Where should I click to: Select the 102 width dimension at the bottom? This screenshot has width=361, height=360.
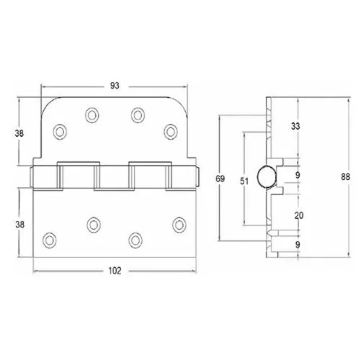[115, 271]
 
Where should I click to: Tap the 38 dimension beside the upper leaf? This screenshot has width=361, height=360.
[21, 132]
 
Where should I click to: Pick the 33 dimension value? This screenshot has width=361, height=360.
[295, 126]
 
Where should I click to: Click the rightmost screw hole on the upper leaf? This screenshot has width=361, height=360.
[170, 130]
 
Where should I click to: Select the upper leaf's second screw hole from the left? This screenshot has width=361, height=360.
[92, 114]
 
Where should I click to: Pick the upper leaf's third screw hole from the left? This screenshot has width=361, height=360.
[137, 114]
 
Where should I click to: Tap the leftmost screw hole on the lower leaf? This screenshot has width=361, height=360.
[50, 238]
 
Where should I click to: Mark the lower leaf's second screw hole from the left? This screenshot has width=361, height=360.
[92, 224]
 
